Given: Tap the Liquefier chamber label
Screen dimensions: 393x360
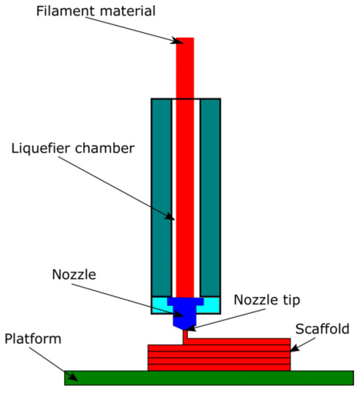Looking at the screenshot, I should pos(73,148).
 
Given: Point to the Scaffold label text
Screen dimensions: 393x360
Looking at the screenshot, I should pos(322,329).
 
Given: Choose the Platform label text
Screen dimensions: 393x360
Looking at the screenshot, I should pos(32,339).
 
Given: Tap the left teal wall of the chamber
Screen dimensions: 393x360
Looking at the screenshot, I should pos(162,196).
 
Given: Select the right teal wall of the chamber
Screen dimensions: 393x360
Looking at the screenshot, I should pos(209,196).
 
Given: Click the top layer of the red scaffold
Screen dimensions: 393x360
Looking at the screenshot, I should pos(219,342).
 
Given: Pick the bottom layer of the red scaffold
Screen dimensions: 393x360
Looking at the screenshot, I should pos(219,367).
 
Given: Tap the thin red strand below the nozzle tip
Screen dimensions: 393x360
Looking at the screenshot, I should pos(185,334).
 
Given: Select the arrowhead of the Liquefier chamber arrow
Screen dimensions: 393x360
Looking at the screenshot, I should pos(171,219).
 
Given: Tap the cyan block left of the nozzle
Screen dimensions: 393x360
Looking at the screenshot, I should pos(159,305).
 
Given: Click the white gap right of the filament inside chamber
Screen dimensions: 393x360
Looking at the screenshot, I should pos(196,196).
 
